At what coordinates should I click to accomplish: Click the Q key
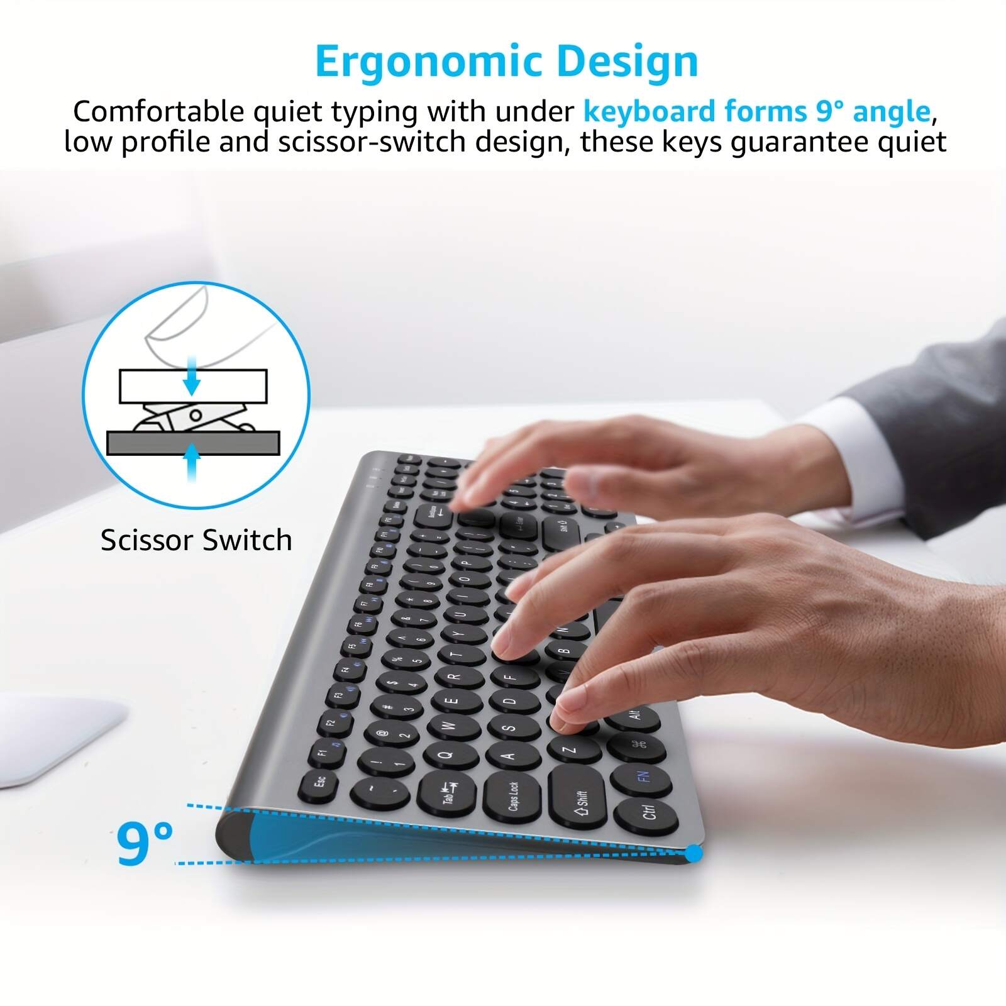pyautogui.click(x=448, y=754)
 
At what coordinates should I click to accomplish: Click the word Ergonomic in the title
pyautogui.click(x=429, y=62)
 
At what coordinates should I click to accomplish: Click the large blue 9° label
pyautogui.click(x=145, y=843)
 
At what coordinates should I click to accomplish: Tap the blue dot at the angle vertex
pyautogui.click(x=693, y=853)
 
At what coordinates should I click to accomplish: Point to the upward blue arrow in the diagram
pyautogui.click(x=192, y=462)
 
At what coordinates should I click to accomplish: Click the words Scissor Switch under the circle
pyautogui.click(x=196, y=540)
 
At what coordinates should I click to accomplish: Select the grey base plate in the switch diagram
pyautogui.click(x=192, y=443)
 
